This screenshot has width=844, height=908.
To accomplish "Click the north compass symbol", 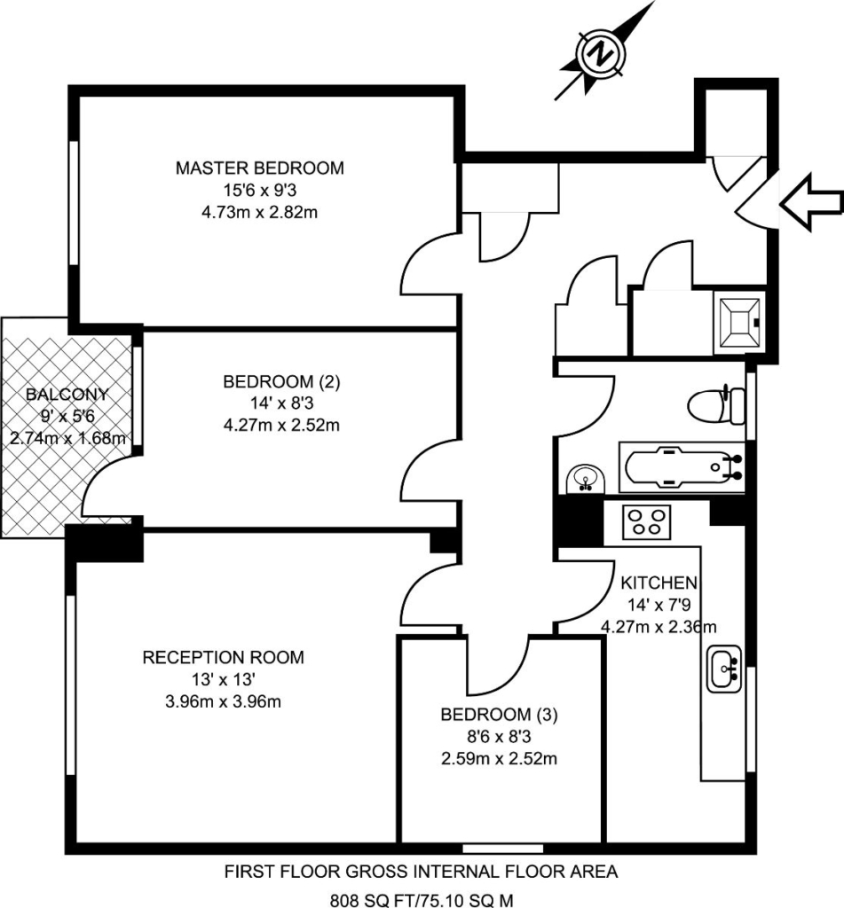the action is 602,54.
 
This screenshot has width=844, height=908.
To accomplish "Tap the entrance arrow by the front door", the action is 811,202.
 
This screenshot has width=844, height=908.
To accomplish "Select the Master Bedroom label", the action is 260,168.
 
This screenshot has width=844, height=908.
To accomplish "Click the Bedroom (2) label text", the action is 281,381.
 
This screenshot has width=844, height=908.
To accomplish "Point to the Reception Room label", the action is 223,657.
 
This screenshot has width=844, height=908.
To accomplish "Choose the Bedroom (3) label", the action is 499,715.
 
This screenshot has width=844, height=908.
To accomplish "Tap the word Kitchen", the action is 659,583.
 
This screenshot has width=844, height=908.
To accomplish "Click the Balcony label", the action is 67,395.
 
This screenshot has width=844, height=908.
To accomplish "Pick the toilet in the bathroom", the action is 716,403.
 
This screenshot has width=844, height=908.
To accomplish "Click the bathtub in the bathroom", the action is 682,468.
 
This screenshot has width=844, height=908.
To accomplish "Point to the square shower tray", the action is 739,323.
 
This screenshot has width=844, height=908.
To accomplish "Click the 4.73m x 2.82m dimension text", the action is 260,212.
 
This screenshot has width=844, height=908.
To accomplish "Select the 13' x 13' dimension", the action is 224,678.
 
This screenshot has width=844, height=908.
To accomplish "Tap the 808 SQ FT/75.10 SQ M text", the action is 422,900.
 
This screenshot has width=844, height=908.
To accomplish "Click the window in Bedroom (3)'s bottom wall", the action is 503,849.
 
